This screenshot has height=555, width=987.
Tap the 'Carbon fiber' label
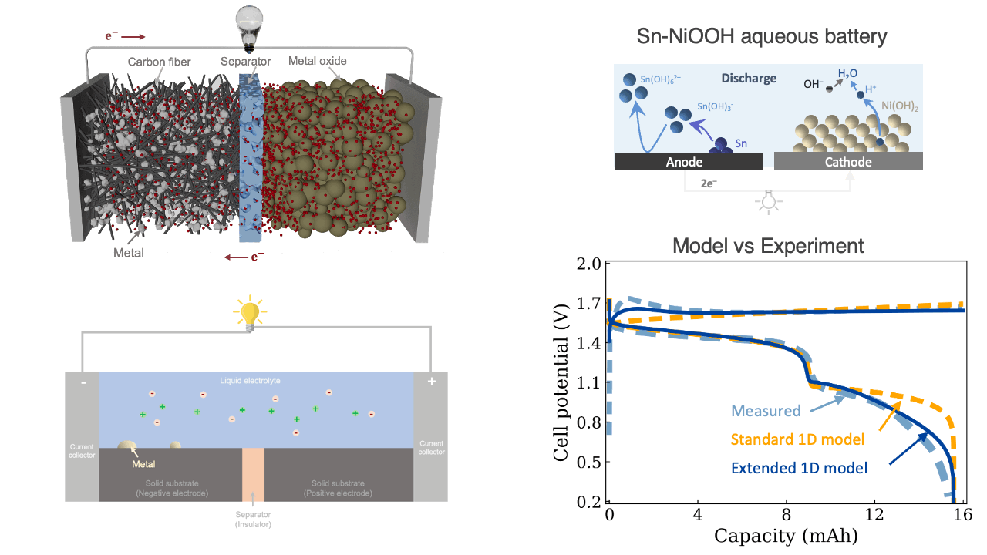[159, 62]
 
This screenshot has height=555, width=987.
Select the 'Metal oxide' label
[317, 60]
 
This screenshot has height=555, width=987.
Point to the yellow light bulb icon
[249, 314]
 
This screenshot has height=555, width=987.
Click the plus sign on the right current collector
[430, 382]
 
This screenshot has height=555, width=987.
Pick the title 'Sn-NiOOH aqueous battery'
[762, 35]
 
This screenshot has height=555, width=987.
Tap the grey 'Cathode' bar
[848, 162]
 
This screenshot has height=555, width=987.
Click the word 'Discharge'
[749, 78]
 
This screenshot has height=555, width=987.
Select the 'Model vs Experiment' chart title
[768, 246]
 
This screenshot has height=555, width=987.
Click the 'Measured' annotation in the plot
[766, 411]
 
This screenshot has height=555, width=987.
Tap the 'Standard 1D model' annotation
[797, 439]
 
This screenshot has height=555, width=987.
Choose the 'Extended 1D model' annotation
[799, 467]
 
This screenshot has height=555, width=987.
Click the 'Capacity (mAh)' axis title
[786, 535]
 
